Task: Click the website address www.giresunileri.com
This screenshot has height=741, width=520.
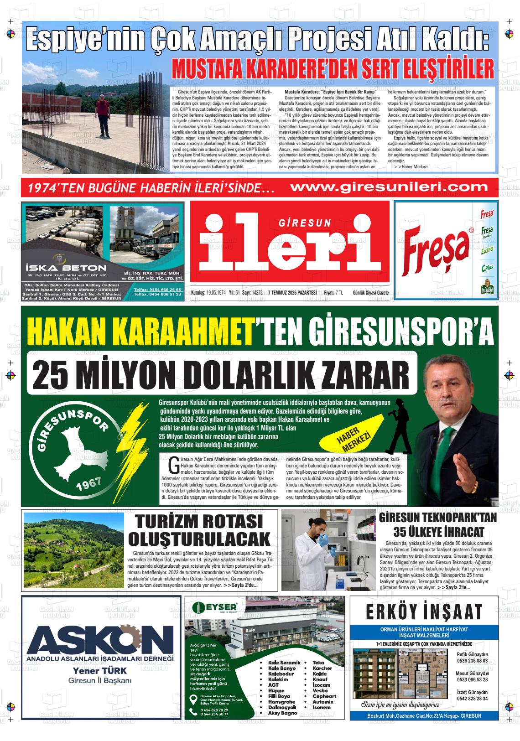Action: [x=389, y=187]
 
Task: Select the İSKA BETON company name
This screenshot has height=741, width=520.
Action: [x=66, y=268]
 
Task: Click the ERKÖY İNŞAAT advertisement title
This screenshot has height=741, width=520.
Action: [x=424, y=611]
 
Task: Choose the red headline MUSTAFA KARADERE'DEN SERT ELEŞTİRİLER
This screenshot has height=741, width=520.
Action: [x=332, y=68]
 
